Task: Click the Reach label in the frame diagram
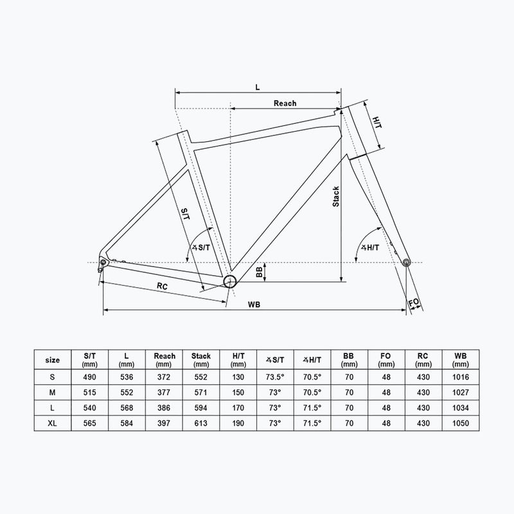coord(285,103)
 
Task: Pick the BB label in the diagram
coord(259,274)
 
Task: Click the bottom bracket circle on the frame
coord(230,281)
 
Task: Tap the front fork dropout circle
coord(405,262)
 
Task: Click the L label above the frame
coord(257,85)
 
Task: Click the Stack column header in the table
coord(201,359)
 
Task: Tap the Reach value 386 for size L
coord(164,408)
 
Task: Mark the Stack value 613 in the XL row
coord(201,423)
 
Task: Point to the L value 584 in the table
coord(127,423)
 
